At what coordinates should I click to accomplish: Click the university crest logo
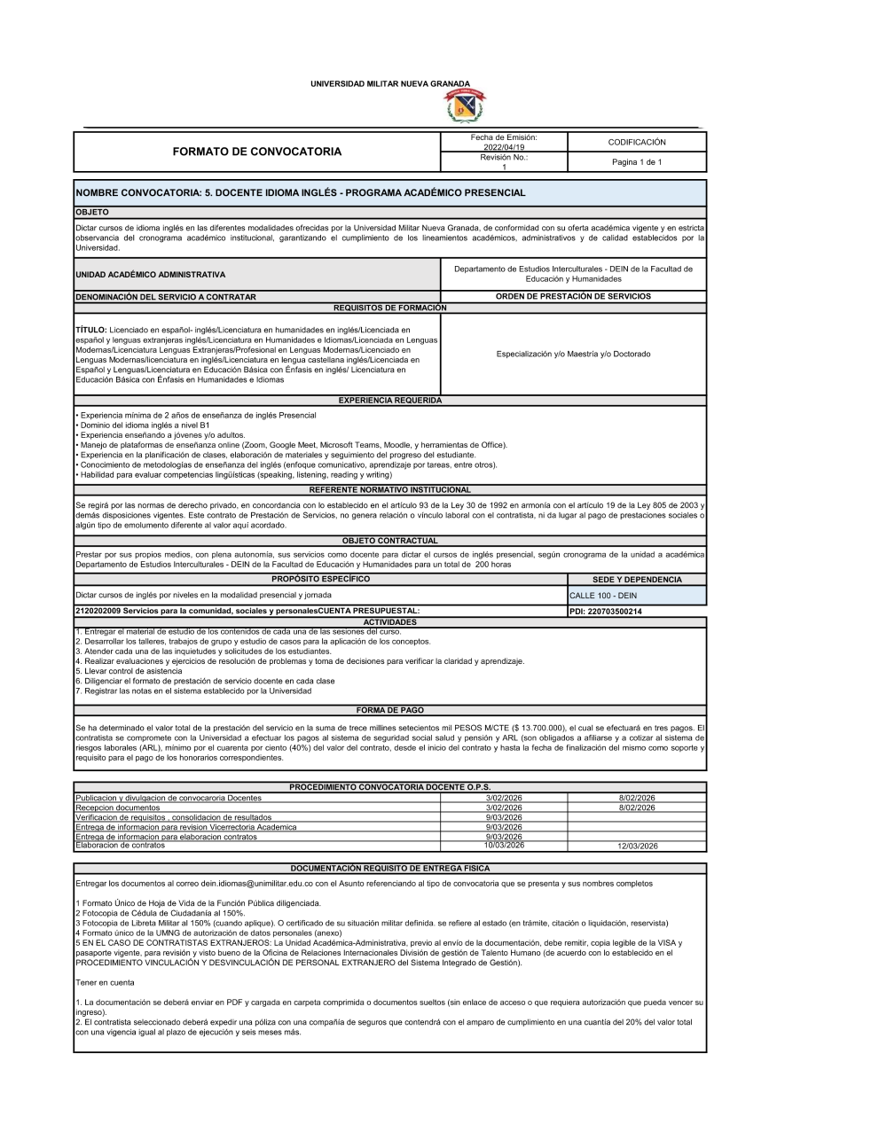tap(465, 106)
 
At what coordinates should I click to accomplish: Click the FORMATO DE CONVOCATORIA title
tap(257, 152)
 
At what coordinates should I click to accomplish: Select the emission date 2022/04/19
tap(504, 147)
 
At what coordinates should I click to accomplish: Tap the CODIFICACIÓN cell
tap(637, 142)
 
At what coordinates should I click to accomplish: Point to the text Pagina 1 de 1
tap(637, 162)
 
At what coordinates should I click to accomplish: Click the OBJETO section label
tap(92, 213)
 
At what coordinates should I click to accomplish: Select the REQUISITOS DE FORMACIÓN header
tap(390, 308)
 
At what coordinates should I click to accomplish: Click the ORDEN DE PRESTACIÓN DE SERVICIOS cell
tap(573, 296)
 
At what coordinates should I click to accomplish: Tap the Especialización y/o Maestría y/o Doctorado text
tap(573, 354)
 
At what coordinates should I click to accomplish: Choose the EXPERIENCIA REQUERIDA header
tap(390, 401)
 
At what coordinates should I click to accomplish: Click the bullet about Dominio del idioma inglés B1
tap(144, 425)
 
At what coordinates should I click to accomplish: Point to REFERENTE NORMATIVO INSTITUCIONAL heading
tap(390, 489)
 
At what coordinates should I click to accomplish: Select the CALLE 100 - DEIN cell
tap(603, 596)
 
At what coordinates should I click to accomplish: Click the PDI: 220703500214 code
tap(606, 612)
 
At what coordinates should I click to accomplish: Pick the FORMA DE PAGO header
tap(390, 710)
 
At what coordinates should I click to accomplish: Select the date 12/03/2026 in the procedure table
tap(637, 847)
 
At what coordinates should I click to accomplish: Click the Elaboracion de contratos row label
tap(120, 846)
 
